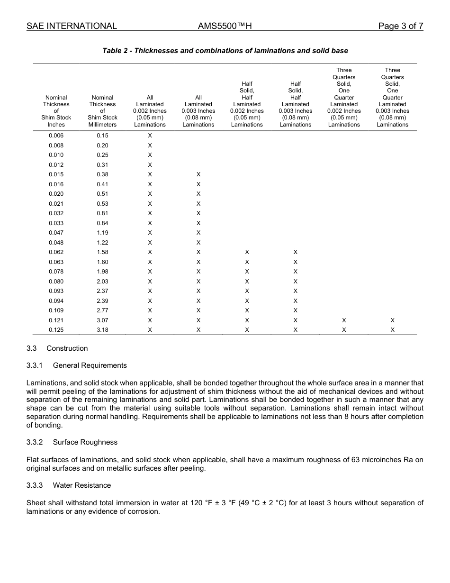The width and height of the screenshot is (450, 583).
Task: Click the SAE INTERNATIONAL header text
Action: [72, 26]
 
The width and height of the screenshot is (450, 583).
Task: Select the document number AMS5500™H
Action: [225, 26]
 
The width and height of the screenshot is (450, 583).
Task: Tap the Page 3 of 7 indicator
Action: [400, 26]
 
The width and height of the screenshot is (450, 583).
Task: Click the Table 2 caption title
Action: [225, 51]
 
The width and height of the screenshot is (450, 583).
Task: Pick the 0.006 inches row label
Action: [56, 136]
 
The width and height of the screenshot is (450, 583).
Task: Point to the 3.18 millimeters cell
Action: [102, 330]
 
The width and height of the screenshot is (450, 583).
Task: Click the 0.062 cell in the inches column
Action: [56, 252]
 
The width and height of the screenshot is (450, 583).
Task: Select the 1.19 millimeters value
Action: [102, 233]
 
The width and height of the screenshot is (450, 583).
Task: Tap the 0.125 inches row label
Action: [56, 330]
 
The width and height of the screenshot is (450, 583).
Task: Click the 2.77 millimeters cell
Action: [102, 310]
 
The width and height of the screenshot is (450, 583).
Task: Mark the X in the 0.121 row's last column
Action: [392, 320]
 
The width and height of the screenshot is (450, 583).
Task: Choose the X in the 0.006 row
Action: [150, 136]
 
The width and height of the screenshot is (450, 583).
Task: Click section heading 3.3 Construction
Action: [57, 348]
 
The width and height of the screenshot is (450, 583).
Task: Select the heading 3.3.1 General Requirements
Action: [77, 365]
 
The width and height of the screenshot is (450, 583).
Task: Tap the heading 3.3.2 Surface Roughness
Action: [72, 442]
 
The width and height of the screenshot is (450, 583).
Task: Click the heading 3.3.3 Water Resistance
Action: [69, 485]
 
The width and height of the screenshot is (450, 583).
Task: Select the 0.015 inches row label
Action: [56, 174]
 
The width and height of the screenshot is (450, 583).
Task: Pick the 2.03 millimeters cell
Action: [102, 282]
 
